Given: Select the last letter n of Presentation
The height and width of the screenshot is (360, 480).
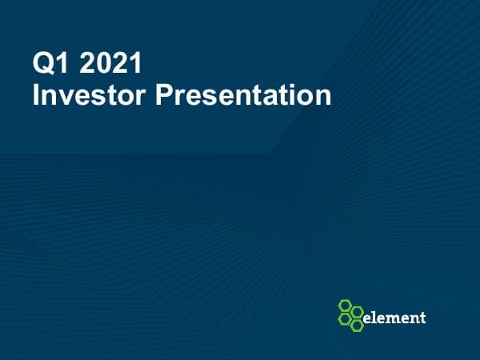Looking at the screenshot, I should pyautogui.click(x=322, y=98).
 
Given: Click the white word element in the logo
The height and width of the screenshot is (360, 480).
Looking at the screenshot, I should pyautogui.click(x=394, y=318).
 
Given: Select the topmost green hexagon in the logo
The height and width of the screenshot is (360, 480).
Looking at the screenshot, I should pyautogui.click(x=346, y=306).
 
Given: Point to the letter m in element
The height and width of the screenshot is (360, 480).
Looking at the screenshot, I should pyautogui.click(x=393, y=318).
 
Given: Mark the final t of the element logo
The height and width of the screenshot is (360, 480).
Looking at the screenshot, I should pyautogui.click(x=422, y=318).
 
